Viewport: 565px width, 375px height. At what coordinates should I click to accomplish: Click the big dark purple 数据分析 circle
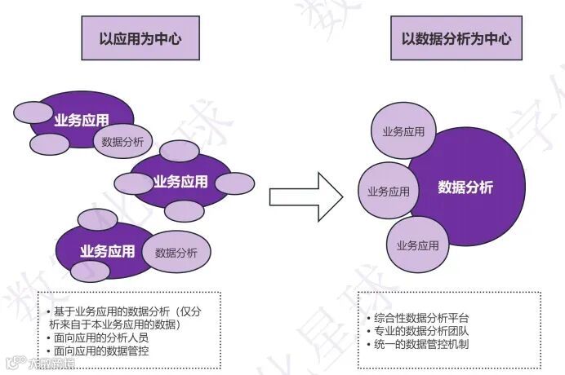tap(465, 187)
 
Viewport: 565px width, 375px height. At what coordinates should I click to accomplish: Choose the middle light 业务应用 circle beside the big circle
tap(388, 192)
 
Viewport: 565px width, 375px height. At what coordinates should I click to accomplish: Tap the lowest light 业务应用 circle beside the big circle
tap(417, 245)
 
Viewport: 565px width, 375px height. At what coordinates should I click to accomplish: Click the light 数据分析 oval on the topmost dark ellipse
tap(122, 142)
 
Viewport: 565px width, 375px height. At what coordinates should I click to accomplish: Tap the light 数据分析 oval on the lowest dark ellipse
tap(176, 252)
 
